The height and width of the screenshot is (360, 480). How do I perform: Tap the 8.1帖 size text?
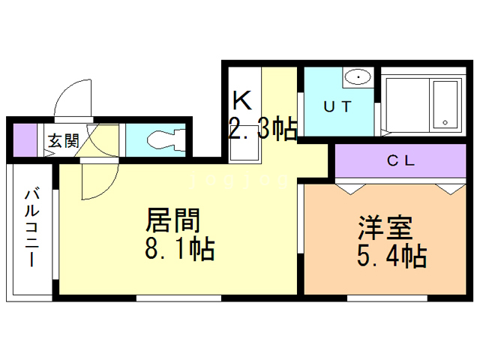tap(181, 248)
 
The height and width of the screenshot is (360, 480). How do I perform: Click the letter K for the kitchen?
tap(241, 100)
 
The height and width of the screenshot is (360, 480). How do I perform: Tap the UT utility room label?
tap(337, 106)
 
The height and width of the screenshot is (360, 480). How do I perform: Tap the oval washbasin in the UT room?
tap(358, 77)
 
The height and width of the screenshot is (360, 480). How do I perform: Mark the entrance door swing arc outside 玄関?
tap(75, 97)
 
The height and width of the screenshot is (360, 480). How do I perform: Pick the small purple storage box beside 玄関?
tap(25, 140)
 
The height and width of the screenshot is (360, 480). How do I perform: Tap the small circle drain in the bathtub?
tap(445, 121)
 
